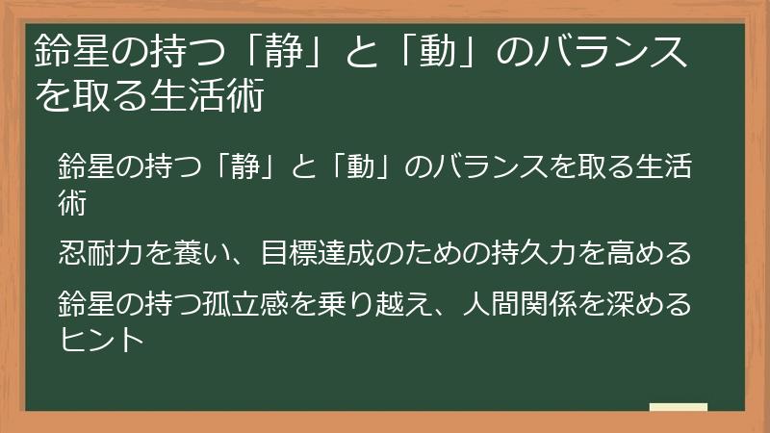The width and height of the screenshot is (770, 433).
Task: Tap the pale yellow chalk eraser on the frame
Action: tap(679, 407)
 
